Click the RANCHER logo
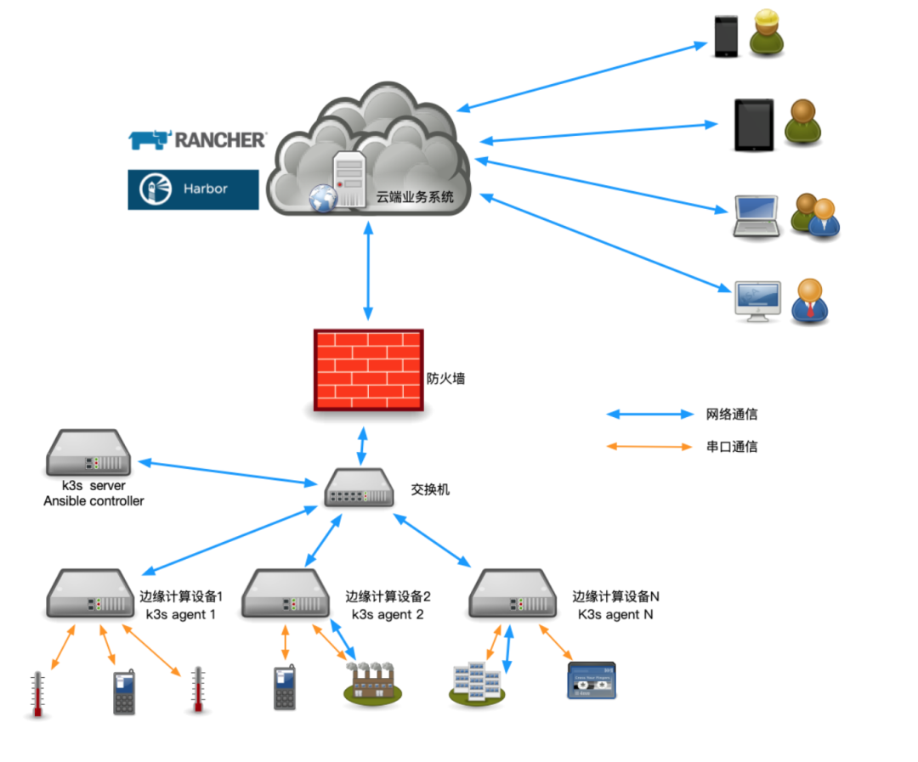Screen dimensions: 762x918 coord(197,139)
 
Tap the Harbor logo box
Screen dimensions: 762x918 coord(193,189)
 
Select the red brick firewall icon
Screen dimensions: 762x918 coord(368,370)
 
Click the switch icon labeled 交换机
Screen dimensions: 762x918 coord(359,488)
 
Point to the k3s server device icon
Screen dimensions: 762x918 coord(88,453)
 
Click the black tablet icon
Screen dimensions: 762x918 coord(754,125)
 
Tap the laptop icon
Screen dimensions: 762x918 coord(756,217)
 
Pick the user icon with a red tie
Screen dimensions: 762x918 coord(810,301)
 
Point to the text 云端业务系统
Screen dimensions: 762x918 coord(416,197)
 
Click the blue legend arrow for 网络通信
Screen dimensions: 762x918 coord(650,415)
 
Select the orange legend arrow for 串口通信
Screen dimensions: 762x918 coord(650,446)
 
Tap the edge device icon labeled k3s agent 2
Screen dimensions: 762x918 coord(285,594)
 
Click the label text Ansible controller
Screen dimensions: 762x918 coord(93,501)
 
